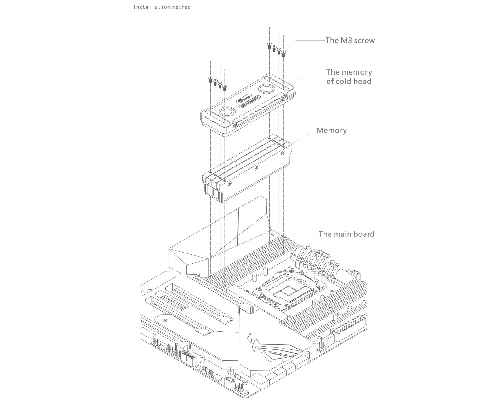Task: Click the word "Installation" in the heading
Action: click(x=148, y=7)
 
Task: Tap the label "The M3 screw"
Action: click(x=350, y=40)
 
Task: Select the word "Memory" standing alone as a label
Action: click(x=332, y=130)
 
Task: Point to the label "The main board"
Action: click(x=346, y=234)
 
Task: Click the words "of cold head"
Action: click(x=348, y=81)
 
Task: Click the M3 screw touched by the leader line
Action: click(x=283, y=53)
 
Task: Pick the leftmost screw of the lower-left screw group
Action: click(x=210, y=79)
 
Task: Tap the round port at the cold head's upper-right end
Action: click(x=265, y=89)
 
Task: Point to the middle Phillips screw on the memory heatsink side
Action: click(x=256, y=169)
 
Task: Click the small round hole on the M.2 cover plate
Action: click(x=165, y=320)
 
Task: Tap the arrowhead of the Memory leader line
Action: click(x=292, y=144)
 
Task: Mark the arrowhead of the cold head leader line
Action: click(x=293, y=85)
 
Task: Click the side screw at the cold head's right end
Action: click(x=287, y=95)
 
